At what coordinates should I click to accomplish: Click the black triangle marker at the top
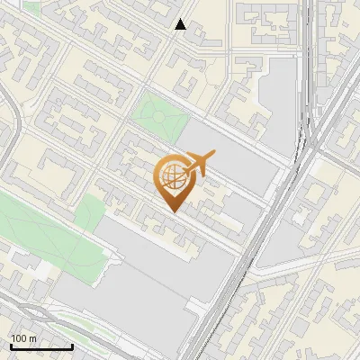(181, 24)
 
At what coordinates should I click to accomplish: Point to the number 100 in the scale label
(18, 338)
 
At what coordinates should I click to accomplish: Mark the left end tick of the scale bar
(10, 346)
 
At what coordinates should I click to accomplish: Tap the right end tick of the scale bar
(72, 346)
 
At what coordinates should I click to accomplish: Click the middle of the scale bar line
(40, 347)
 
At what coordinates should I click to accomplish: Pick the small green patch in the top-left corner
(33, 6)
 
